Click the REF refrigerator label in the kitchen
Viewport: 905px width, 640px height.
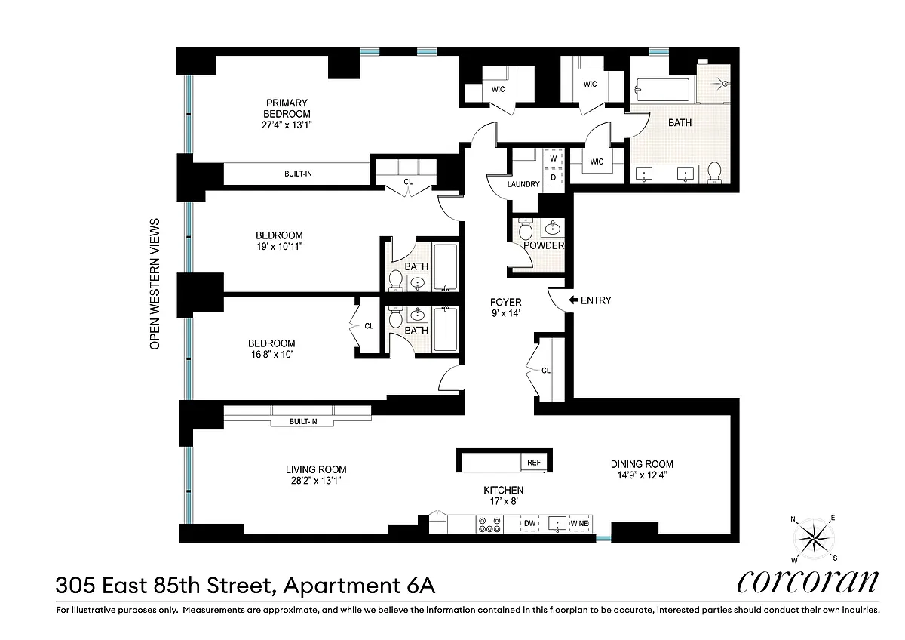[534, 463]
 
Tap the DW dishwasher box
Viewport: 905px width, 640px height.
[529, 524]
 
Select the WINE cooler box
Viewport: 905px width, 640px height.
[579, 524]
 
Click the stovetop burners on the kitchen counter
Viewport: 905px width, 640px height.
[489, 525]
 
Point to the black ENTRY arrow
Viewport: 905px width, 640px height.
[573, 300]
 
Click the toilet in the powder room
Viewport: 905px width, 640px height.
[526, 229]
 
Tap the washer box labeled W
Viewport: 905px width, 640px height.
[554, 158]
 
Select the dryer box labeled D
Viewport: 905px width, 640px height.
[554, 177]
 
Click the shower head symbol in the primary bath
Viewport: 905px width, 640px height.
[723, 84]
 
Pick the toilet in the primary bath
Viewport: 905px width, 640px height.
[715, 172]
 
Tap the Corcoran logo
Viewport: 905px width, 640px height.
[808, 582]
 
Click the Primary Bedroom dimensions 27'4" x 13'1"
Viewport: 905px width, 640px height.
[287, 125]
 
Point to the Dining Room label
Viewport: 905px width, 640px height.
[642, 464]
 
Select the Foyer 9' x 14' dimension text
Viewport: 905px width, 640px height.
[505, 313]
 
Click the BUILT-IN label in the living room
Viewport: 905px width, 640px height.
[303, 421]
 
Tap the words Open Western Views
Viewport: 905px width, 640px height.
[155, 284]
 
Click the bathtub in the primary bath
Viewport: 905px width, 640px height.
[662, 90]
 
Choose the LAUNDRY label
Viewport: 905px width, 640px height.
[523, 184]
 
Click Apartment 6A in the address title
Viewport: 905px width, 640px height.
[360, 586]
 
